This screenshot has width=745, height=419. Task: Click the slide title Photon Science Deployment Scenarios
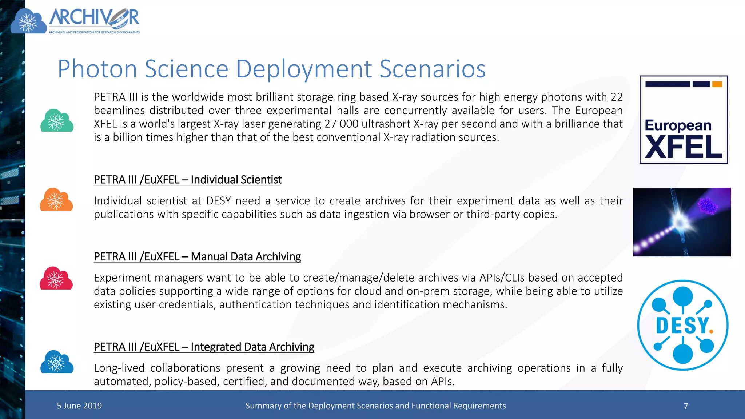click(x=271, y=69)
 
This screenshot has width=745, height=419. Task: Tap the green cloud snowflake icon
click(x=57, y=121)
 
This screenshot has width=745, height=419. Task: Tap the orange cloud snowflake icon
click(x=56, y=200)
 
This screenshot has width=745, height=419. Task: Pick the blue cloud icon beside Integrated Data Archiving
click(x=57, y=362)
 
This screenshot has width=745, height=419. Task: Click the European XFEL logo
click(x=684, y=120)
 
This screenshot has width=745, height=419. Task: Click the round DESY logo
click(x=683, y=325)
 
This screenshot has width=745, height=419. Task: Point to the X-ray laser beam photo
click(x=682, y=222)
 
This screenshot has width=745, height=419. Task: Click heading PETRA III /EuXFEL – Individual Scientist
click(x=188, y=180)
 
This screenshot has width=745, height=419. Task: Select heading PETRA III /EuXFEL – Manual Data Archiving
click(x=197, y=257)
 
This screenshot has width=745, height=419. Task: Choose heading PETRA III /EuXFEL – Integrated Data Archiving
click(x=204, y=347)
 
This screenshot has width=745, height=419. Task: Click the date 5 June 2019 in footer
click(x=79, y=406)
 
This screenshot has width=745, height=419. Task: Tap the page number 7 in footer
click(x=686, y=406)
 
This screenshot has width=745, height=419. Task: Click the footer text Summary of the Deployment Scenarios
click(x=375, y=406)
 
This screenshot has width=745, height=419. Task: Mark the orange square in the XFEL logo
click(x=717, y=84)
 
